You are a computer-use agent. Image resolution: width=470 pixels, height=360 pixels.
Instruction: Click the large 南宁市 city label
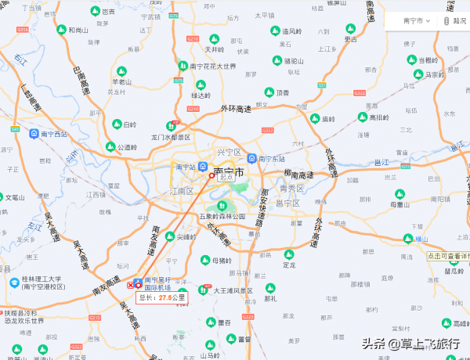(x=228, y=170)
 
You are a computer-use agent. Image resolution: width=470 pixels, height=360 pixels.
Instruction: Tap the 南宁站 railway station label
(x=185, y=167)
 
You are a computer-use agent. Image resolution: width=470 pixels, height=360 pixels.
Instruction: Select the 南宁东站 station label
(x=273, y=158)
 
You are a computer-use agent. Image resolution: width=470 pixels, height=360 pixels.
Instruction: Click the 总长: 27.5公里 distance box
(x=162, y=297)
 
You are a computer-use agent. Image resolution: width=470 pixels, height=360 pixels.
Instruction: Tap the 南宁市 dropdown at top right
(x=417, y=21)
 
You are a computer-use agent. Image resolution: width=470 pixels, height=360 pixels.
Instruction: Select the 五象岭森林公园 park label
(x=222, y=216)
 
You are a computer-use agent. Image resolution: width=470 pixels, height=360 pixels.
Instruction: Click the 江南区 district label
(x=181, y=191)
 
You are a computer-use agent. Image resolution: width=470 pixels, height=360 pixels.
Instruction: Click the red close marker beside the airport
(x=131, y=286)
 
